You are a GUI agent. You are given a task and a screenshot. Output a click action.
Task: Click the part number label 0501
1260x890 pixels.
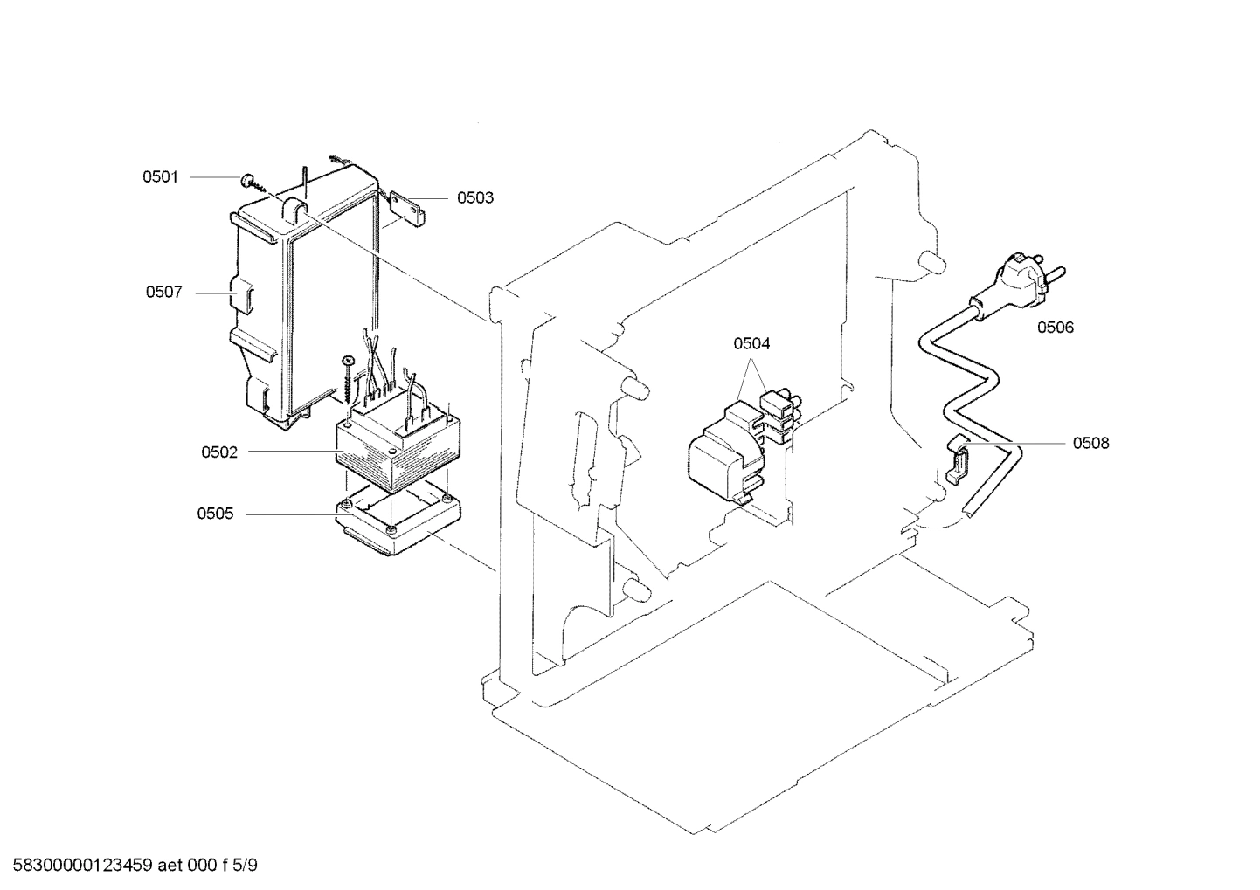tap(160, 177)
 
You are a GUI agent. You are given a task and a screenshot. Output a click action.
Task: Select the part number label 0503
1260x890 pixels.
tap(475, 198)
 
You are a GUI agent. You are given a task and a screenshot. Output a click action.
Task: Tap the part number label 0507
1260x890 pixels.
tap(163, 293)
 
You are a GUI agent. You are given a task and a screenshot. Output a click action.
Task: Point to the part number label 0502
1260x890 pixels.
tap(219, 452)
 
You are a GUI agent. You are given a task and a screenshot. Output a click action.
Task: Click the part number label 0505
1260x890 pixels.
tap(215, 514)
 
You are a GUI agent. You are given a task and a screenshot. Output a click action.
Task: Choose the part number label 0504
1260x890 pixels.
tap(751, 344)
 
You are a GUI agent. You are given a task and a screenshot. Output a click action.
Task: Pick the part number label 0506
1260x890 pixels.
tap(1056, 328)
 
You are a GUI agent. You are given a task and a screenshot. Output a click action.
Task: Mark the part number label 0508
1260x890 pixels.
tap(1090, 444)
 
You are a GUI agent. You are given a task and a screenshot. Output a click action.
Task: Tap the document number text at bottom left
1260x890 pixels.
tap(130, 866)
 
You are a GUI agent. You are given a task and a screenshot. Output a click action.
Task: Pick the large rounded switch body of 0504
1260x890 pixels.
tap(724, 455)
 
